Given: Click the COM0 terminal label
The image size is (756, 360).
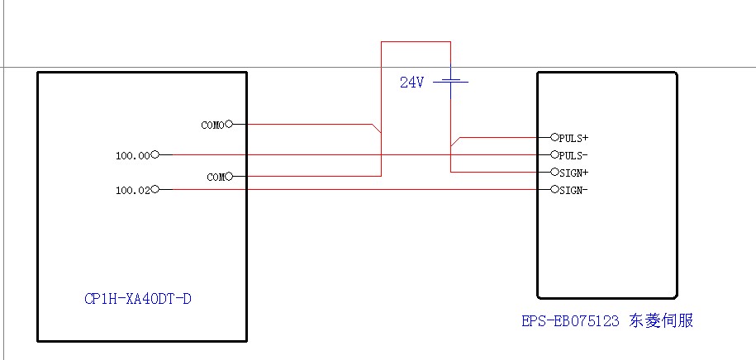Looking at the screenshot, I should [212, 126].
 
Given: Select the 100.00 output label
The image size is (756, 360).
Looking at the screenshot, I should [133, 155].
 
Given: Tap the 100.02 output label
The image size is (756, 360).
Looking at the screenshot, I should [133, 191].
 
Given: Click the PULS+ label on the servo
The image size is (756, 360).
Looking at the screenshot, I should [573, 138].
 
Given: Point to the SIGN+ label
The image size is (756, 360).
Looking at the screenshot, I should [573, 173].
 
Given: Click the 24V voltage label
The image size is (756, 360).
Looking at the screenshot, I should [411, 83].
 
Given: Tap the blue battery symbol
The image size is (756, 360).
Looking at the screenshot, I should [450, 81].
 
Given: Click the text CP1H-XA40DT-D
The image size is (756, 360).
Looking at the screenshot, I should [138, 299].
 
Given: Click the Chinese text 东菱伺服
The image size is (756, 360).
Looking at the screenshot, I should [661, 320].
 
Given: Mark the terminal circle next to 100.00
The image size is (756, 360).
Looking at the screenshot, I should [155, 154].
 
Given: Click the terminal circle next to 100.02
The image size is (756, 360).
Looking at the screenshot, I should [155, 190].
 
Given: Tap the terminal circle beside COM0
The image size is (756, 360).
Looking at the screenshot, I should [229, 125].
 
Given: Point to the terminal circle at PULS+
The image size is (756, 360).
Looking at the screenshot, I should [554, 137].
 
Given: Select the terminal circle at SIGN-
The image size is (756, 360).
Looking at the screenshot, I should [554, 190].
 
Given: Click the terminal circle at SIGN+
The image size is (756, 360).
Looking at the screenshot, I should [554, 173].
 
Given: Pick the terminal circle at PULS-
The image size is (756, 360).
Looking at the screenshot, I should [554, 154].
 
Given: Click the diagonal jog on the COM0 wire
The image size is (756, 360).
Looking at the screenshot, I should [376, 129].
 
